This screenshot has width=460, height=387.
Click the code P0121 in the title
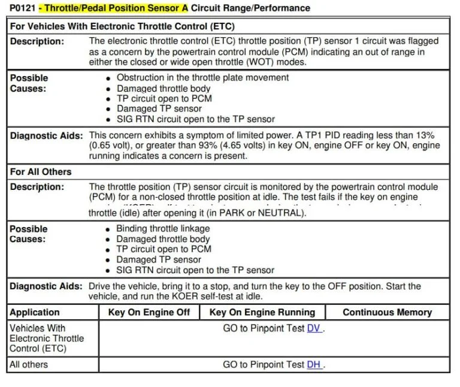pos(23,8)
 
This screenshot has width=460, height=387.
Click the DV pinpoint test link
pos(314,328)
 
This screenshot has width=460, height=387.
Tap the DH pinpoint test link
pos(314,364)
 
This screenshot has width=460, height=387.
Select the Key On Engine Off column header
pos(149,312)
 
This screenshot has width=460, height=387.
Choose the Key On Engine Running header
pos(262,312)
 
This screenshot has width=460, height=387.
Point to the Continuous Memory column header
pos(387,312)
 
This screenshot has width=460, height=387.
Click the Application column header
pos(35,312)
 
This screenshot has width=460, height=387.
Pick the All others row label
pos(28,364)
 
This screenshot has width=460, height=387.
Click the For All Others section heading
pos(41,171)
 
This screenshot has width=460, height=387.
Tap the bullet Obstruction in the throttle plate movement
pos(202,77)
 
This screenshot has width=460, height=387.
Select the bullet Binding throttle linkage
pos(163,228)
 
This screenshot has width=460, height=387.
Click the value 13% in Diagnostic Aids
pos(423,135)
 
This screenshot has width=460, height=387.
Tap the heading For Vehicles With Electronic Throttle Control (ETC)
pos(122,26)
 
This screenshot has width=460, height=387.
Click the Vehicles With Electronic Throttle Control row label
pos(47,338)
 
